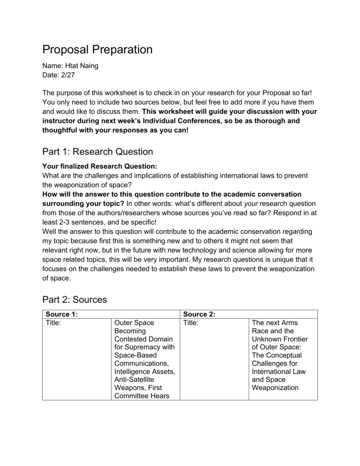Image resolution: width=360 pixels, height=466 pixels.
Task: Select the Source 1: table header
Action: point(61,314)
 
